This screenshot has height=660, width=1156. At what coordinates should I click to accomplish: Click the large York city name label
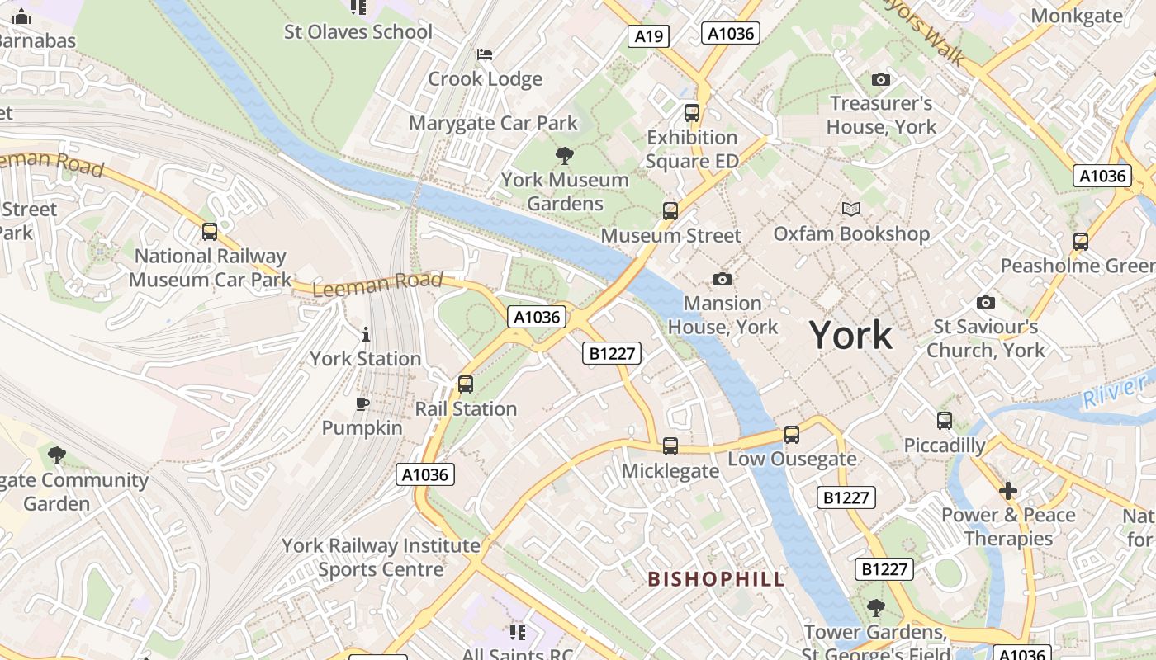click(850, 335)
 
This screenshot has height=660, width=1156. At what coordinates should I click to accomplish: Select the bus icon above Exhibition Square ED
click(692, 113)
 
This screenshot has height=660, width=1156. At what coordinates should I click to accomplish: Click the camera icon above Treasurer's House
click(881, 80)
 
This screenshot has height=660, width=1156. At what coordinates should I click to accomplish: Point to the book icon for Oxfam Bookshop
click(850, 210)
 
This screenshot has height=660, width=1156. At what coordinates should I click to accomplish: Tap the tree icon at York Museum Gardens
click(565, 155)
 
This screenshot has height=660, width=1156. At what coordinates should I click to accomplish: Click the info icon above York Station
click(366, 334)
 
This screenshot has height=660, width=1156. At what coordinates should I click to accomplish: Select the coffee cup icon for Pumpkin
click(362, 403)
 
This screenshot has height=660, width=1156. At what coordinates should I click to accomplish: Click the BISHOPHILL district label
click(716, 579)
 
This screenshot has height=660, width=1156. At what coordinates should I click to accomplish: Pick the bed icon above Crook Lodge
click(485, 55)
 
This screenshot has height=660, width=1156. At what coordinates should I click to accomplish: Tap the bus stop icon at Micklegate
click(670, 446)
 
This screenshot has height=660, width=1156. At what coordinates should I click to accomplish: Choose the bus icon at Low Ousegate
click(792, 434)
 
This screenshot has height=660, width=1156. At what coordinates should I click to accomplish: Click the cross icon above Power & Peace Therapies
click(1007, 491)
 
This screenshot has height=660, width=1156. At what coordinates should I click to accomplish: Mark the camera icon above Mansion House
click(722, 280)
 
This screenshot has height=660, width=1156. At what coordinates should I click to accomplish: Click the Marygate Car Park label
click(493, 124)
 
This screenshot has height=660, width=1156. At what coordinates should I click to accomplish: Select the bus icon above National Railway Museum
click(210, 232)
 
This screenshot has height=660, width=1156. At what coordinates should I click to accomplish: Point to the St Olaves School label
click(358, 32)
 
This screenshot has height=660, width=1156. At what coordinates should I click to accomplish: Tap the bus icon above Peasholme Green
click(1081, 242)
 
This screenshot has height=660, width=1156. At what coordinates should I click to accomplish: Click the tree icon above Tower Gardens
click(875, 608)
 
